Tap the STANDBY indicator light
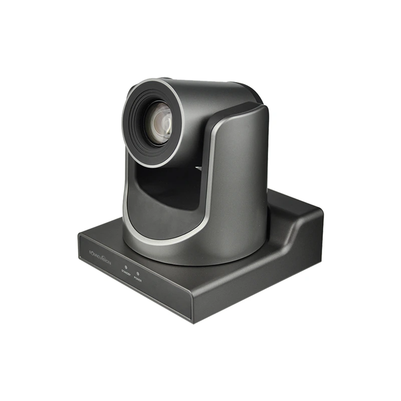coord(126,268)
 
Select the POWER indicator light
coord(138,273)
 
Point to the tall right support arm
coord(241,165)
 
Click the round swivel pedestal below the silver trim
coord(200,251)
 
